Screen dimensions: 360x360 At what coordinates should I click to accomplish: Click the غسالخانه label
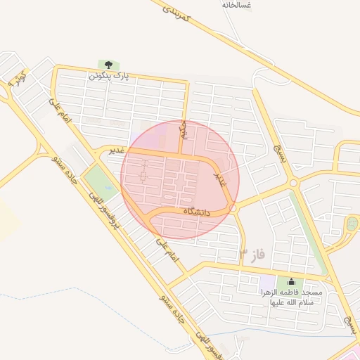pyautogui.click(x=237, y=5)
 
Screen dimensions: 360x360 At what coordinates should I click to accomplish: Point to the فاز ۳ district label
pyautogui.click(x=251, y=255)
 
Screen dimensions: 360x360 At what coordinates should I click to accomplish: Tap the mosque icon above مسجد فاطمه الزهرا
pyautogui.click(x=290, y=281)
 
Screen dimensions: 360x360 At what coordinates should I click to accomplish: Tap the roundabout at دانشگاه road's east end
pyautogui.click(x=232, y=209)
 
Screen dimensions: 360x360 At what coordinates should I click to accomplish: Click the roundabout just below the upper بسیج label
pyautogui.click(x=294, y=183)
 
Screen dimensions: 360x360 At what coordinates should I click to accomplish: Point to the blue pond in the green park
pyautogui.click(x=108, y=188)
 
